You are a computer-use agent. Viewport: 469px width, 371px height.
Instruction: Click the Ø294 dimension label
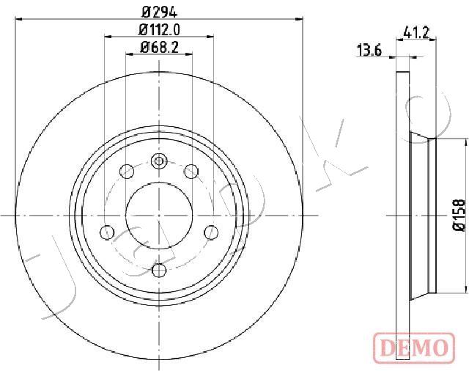[x=159, y=12]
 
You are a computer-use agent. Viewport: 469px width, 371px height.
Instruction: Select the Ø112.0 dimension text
[x=160, y=29]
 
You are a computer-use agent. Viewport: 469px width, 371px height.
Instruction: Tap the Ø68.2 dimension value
[x=160, y=47]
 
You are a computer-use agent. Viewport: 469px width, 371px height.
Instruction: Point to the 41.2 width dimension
[x=416, y=32]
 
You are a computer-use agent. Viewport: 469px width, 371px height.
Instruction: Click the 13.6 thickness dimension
[x=369, y=51]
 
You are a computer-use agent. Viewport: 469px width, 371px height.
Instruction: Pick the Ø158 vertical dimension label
[x=459, y=215]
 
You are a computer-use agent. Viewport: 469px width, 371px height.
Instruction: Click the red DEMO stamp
[x=413, y=347]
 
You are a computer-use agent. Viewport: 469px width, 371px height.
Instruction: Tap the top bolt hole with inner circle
[x=159, y=161]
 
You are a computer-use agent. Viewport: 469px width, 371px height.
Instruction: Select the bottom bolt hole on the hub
[x=159, y=271]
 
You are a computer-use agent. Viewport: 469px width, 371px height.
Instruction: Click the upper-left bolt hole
[x=127, y=172]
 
